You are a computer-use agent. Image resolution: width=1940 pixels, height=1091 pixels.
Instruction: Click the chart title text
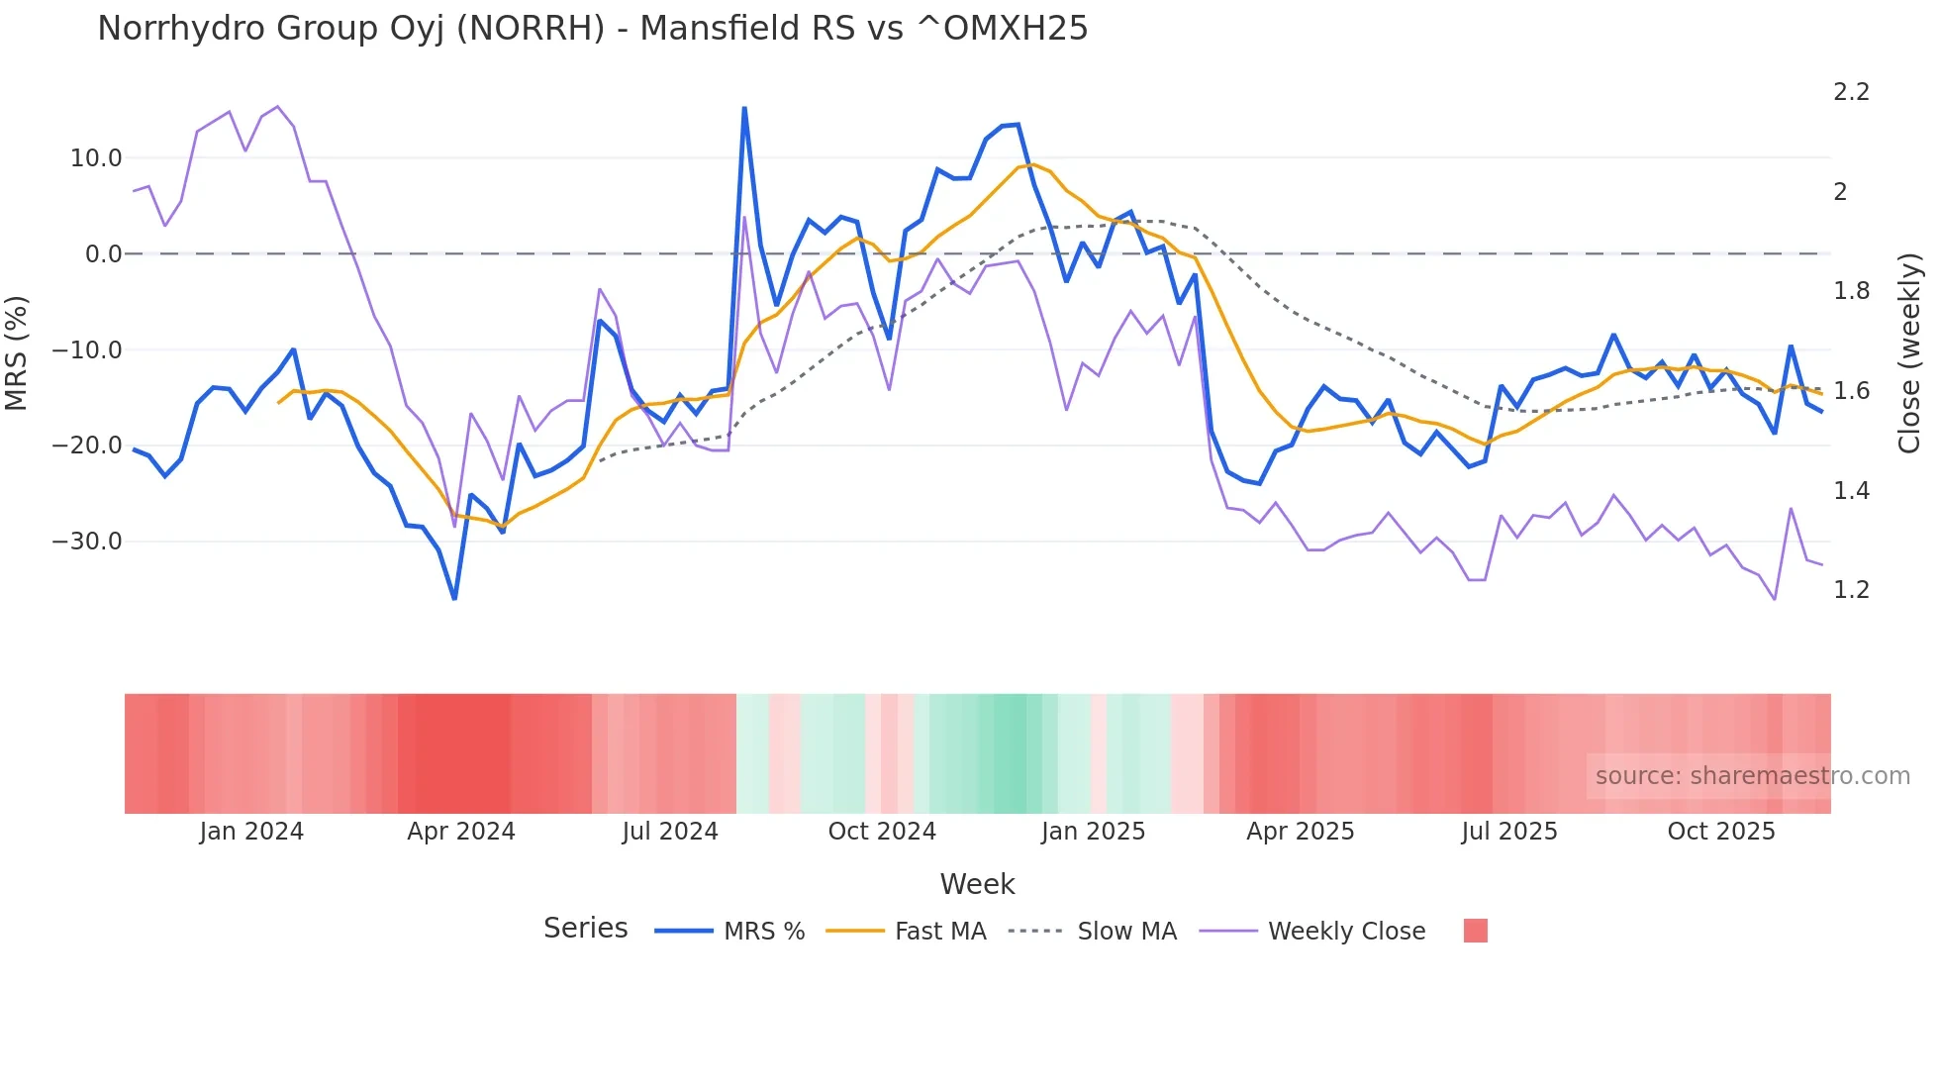point(592,29)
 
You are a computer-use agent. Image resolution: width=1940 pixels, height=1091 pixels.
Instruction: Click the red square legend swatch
point(1475,931)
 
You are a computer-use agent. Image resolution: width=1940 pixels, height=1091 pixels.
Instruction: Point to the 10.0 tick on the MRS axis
point(96,158)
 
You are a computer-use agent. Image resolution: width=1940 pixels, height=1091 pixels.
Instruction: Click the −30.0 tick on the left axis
point(87,542)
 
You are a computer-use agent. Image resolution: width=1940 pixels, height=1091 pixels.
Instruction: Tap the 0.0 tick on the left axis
point(103,254)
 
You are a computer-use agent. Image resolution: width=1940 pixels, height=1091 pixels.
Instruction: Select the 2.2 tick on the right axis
point(1851,92)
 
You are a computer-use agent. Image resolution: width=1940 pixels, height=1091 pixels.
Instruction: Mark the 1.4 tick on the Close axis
point(1851,491)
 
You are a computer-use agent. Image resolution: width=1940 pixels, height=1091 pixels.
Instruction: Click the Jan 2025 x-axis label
point(1093,832)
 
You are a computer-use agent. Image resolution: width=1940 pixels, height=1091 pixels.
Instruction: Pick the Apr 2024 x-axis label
point(461,832)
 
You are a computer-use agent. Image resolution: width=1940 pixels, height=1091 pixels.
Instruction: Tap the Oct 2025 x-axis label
point(1721,832)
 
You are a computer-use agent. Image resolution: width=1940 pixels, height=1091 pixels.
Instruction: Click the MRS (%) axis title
point(16,352)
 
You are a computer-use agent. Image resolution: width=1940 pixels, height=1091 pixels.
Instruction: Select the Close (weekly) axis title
point(1909,352)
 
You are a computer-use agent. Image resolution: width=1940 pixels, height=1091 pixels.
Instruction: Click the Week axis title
point(977,884)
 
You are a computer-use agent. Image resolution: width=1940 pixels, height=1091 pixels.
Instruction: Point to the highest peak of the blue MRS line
point(744,108)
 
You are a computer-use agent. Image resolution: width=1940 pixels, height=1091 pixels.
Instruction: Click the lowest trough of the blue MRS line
point(454,598)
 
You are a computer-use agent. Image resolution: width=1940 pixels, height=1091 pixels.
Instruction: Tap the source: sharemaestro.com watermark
point(1752,776)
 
